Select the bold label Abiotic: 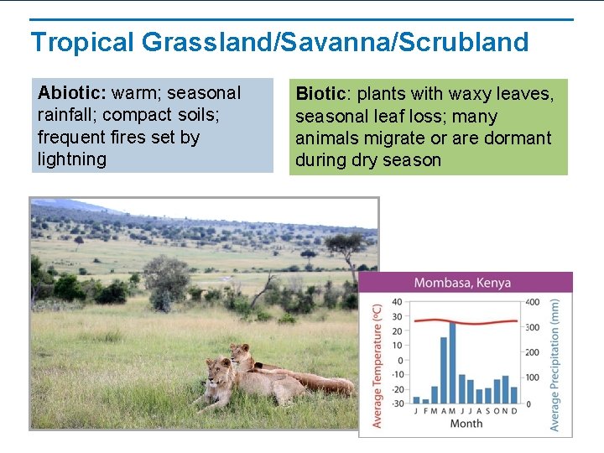coord(71,93)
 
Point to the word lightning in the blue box coord(72,159)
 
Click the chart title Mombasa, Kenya coord(462,284)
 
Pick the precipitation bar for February coord(425,400)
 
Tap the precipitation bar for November coord(506,390)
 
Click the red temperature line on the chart coord(466,320)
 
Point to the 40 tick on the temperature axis coord(397,303)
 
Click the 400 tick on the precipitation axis coord(533,303)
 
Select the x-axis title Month coord(466,424)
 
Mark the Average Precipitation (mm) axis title coord(555,365)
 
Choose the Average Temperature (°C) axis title coord(377,365)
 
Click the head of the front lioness coord(220,369)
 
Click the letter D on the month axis coord(514,411)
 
